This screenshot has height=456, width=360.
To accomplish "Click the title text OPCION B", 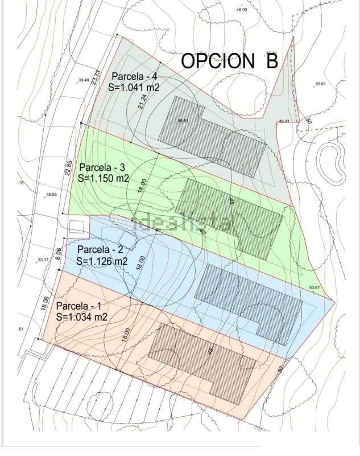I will (x=229, y=61).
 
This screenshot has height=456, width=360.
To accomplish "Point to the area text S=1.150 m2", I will (x=103, y=178).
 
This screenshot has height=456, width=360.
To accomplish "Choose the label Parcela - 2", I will (x=100, y=249).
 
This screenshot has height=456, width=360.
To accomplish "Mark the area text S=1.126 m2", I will (x=101, y=261).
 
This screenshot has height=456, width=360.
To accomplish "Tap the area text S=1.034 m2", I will (x=82, y=317).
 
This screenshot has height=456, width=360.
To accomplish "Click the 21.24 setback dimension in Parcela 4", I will (x=142, y=102).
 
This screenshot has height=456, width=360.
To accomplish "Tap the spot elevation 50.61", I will (x=320, y=84).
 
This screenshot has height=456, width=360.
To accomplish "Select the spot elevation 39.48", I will (x=84, y=80).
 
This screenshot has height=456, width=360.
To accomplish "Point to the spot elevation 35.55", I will (x=51, y=195).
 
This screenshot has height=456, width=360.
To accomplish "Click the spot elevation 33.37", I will (x=43, y=260).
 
